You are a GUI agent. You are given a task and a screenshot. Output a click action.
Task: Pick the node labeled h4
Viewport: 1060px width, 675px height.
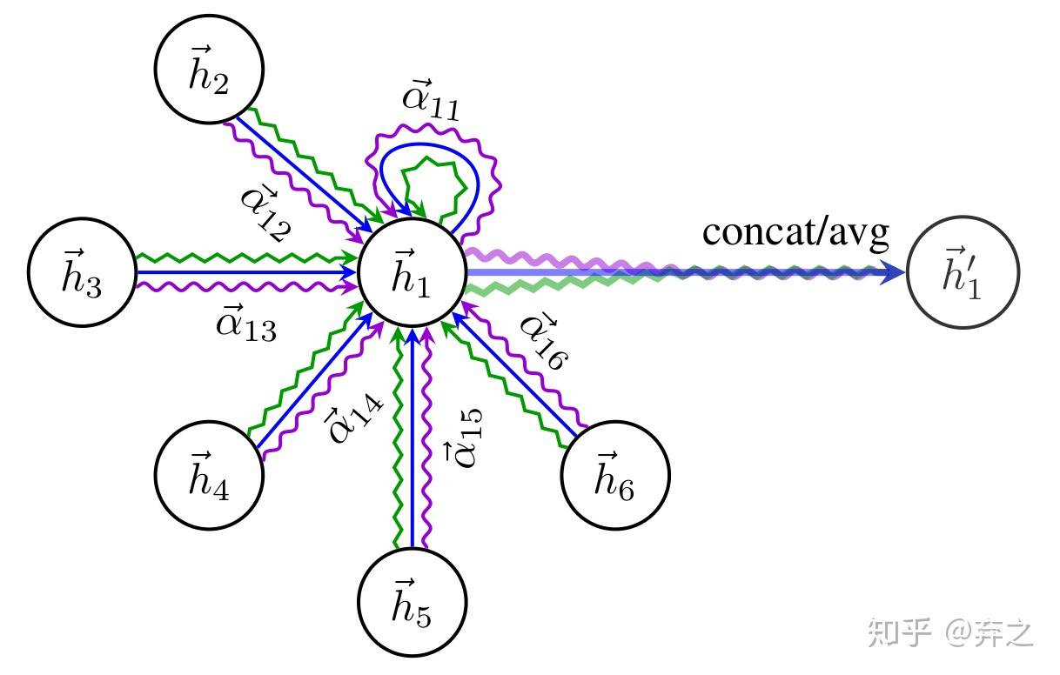(x=209, y=474)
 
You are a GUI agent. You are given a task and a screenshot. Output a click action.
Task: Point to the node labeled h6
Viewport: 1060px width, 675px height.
(x=615, y=475)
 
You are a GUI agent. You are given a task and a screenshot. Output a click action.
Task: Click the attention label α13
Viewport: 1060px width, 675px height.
(x=246, y=325)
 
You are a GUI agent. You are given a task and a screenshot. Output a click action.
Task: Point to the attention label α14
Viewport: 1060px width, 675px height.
(x=352, y=417)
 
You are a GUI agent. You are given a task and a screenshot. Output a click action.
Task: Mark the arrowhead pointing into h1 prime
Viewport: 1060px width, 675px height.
(x=893, y=273)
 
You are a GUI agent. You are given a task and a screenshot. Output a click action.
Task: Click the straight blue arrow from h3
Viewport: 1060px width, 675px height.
(x=244, y=272)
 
